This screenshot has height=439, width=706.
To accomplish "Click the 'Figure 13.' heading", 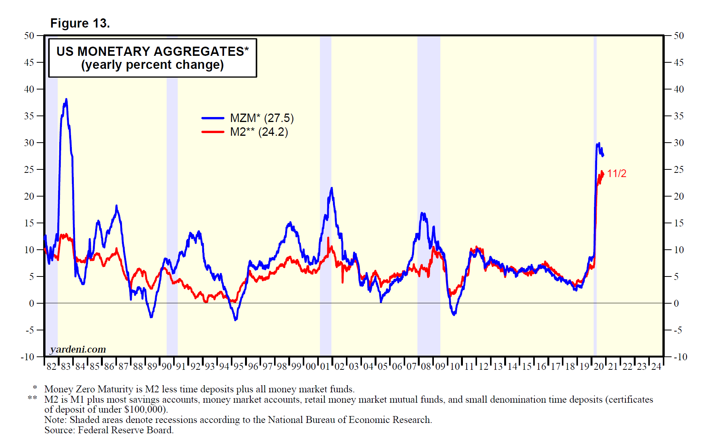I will [80, 23].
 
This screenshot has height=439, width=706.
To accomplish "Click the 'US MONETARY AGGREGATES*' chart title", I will [153, 51].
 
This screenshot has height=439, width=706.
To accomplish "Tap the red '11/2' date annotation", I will [617, 174].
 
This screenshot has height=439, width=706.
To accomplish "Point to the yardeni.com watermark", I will [78, 349].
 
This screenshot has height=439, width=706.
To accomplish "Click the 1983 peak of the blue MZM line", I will [66, 99].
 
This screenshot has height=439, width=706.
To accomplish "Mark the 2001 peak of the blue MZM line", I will [331, 188].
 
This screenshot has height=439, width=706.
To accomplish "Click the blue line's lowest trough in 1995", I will [235, 319].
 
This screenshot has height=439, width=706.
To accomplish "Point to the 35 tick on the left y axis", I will [29, 116].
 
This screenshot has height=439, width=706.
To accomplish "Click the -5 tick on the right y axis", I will [678, 330].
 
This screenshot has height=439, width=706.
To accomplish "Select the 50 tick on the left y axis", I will [29, 36].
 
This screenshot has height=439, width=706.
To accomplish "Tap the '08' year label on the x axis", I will [426, 366].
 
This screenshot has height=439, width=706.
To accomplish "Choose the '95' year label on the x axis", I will [239, 366].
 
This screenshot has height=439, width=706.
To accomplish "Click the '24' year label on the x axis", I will [656, 366].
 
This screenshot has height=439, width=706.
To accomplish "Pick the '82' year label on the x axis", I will [51, 366].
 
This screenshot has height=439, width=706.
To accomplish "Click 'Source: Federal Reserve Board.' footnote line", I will [109, 430].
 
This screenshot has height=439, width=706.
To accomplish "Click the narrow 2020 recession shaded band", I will [595, 191].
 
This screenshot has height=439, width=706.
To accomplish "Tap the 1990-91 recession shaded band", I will [172, 191].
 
